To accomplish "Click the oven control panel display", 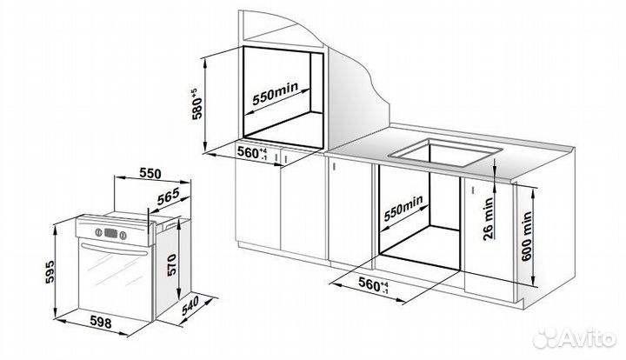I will [114, 232].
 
